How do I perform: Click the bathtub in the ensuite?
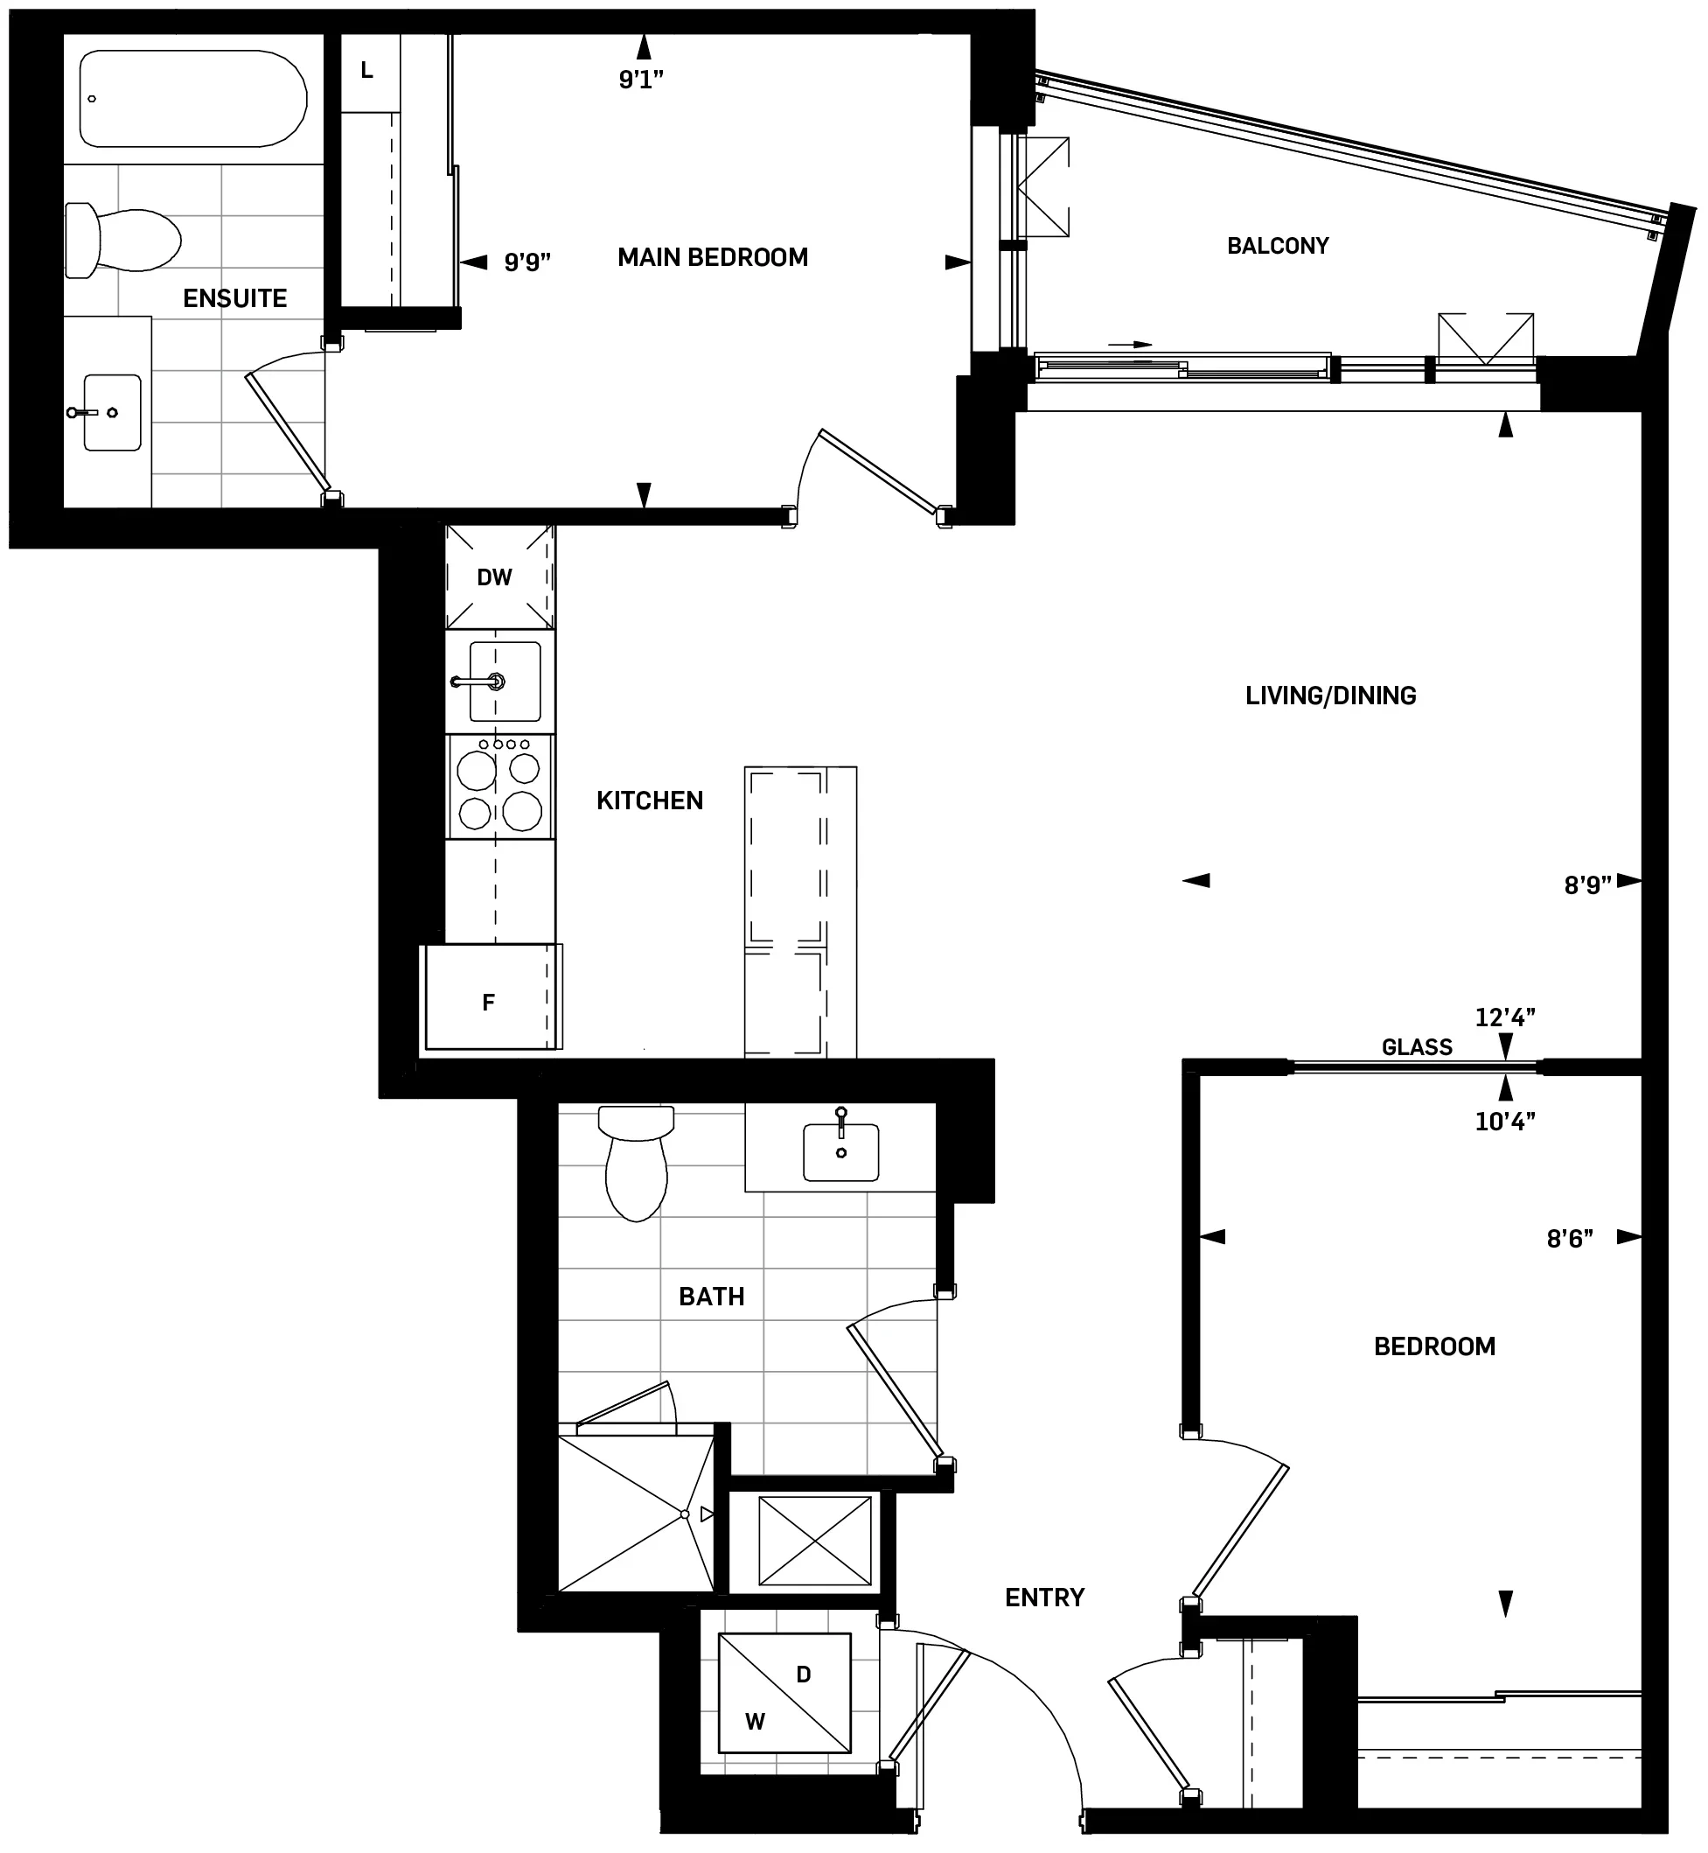coord(192,99)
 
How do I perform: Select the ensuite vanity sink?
coord(112,412)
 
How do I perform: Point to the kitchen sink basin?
coord(505,682)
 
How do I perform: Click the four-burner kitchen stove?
coord(500,787)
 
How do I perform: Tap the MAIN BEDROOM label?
coord(713,257)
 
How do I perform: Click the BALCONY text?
coord(1278,246)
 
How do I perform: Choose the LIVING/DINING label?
coord(1330,696)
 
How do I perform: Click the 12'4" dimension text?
coord(1504,1018)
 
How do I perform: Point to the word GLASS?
coord(1417,1047)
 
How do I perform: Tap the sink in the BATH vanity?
coord(840,1152)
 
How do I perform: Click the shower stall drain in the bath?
coord(685,1514)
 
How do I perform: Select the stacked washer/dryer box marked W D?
coord(784,1693)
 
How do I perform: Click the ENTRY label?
coord(1044,1598)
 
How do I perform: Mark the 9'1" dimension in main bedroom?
coord(640,80)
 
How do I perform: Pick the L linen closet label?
coord(367,70)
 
